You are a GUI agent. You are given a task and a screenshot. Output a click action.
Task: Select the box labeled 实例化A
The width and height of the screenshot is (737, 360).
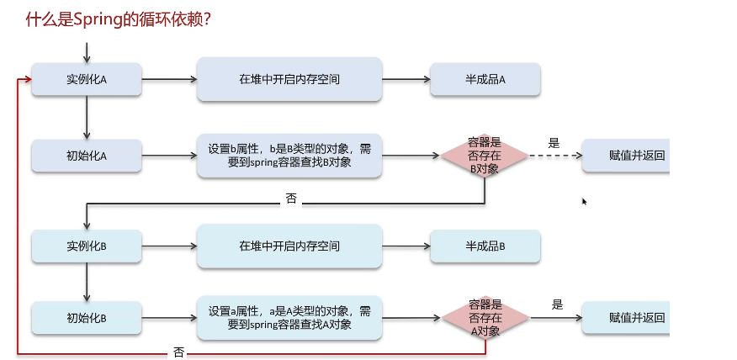87,79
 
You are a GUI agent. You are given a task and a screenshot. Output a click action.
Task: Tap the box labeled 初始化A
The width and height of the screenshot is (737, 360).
87,156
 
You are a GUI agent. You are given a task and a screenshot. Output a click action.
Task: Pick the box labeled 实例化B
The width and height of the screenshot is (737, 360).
87,246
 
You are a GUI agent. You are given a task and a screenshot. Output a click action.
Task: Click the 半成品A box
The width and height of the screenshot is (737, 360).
485,79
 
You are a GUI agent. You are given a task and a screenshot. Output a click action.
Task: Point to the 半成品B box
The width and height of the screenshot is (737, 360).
485,246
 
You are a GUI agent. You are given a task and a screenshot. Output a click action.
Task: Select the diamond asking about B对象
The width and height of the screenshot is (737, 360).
485,156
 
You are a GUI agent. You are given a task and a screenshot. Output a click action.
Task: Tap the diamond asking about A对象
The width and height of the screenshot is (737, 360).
485,318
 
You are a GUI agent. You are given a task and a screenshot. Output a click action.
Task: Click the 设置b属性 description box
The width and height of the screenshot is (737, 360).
289,156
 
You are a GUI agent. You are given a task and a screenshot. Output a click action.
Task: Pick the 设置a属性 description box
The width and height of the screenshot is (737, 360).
289,318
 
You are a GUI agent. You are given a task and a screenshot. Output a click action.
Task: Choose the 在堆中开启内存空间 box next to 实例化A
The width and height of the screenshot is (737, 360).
289,79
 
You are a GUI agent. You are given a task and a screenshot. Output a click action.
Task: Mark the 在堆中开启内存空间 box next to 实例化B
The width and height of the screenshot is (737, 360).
289,246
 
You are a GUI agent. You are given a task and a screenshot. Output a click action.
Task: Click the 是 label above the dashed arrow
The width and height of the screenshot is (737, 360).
554,143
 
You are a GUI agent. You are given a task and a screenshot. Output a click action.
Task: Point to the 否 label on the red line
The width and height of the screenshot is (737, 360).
178,352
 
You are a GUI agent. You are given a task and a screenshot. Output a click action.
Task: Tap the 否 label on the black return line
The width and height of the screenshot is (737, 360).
290,199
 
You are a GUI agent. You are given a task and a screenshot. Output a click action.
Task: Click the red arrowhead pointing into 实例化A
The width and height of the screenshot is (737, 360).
28,79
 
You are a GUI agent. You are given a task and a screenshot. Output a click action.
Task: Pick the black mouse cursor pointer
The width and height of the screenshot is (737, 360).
584,201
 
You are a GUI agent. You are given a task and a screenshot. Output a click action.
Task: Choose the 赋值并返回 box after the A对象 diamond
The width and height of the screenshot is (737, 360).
626,318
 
